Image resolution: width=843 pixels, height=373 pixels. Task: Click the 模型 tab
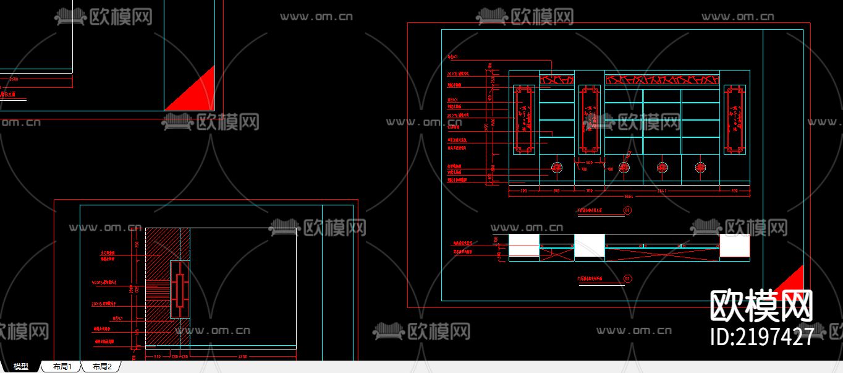point(20,367)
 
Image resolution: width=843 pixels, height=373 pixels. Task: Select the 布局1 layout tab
point(62,367)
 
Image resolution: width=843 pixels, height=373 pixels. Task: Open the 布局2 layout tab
point(102,367)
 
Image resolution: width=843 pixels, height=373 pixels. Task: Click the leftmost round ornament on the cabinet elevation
point(556,168)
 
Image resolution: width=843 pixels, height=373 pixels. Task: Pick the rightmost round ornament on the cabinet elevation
point(700,168)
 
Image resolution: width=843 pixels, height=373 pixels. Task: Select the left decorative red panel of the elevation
point(524,119)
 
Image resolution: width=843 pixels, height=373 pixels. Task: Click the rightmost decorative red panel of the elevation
point(735,119)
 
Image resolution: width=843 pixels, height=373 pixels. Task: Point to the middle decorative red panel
point(589,119)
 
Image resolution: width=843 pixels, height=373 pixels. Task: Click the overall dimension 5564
point(629,196)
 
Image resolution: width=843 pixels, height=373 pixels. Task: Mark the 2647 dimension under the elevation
point(662,191)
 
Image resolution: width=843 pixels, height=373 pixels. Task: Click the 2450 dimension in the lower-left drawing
point(242,356)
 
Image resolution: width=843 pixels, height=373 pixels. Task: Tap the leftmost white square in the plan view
point(523,246)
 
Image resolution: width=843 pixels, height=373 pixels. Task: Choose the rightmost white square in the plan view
point(735,246)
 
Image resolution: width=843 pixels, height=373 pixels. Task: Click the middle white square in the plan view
point(589,246)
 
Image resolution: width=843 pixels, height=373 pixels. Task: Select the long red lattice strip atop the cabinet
point(662,79)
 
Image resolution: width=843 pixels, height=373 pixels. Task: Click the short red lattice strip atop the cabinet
point(556,79)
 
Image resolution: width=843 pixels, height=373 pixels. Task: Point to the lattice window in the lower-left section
point(179,289)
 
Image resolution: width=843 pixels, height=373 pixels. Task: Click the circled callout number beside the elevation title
point(627,211)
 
